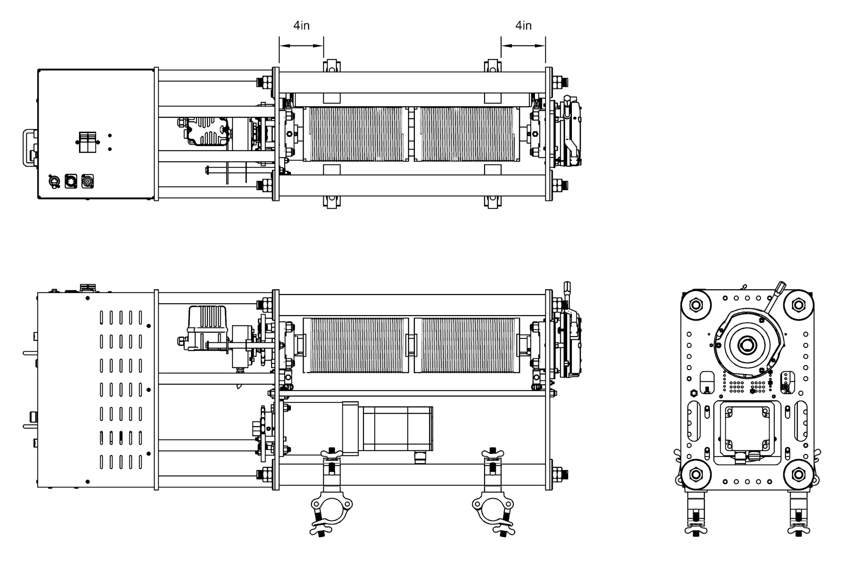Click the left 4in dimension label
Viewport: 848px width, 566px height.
click(301, 25)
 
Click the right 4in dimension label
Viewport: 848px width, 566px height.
click(523, 25)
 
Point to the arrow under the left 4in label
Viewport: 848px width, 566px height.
click(301, 46)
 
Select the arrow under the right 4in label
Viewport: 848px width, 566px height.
click(523, 46)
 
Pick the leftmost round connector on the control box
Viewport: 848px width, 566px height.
click(54, 181)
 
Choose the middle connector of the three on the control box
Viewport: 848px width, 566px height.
click(71, 181)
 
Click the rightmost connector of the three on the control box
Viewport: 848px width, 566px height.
click(87, 181)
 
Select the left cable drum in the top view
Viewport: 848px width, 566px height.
click(356, 134)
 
